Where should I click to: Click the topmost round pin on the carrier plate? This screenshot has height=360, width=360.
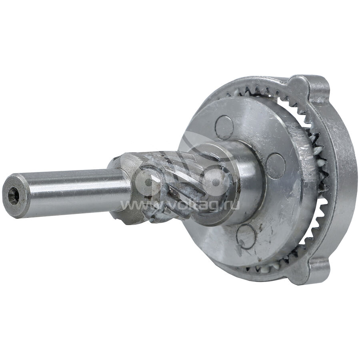[x=224, y=128]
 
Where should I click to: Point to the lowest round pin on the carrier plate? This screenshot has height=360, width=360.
[x=245, y=236]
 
